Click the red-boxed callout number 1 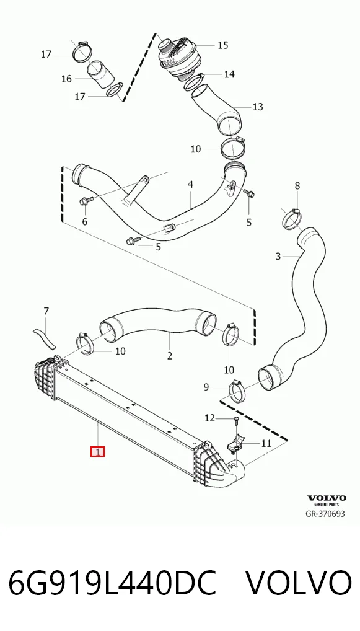(x=98, y=451)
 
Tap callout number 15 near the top (x=223, y=45)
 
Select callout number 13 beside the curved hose (x=258, y=107)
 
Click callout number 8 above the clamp (x=297, y=185)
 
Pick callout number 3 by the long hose (x=278, y=256)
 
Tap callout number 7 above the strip (x=46, y=311)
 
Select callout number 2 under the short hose (x=170, y=355)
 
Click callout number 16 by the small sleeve (x=66, y=79)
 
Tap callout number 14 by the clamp (x=229, y=74)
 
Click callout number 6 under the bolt (x=84, y=221)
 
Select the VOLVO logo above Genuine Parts (x=326, y=498)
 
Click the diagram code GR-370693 (x=325, y=514)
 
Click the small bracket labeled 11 (x=236, y=444)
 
